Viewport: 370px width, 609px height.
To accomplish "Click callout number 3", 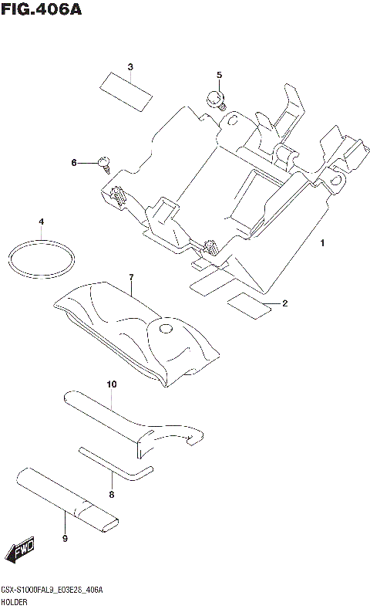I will tap(130, 66).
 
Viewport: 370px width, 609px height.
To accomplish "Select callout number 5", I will tap(219, 75).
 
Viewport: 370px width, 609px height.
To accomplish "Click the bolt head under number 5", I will tap(217, 99).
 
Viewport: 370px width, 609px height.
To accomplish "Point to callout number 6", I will tap(74, 163).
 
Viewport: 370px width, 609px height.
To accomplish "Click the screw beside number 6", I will tap(104, 161).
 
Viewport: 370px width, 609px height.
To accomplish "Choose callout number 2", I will tap(284, 303).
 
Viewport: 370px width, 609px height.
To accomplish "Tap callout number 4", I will tap(41, 223).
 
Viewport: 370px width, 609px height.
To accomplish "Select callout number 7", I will tap(131, 277).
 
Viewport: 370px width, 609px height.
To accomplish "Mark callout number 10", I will tap(111, 384).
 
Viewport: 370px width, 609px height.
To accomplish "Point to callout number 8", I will tap(111, 494).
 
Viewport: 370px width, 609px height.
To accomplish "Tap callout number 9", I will tap(65, 537).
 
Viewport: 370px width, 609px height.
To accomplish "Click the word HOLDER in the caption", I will tap(16, 600).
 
